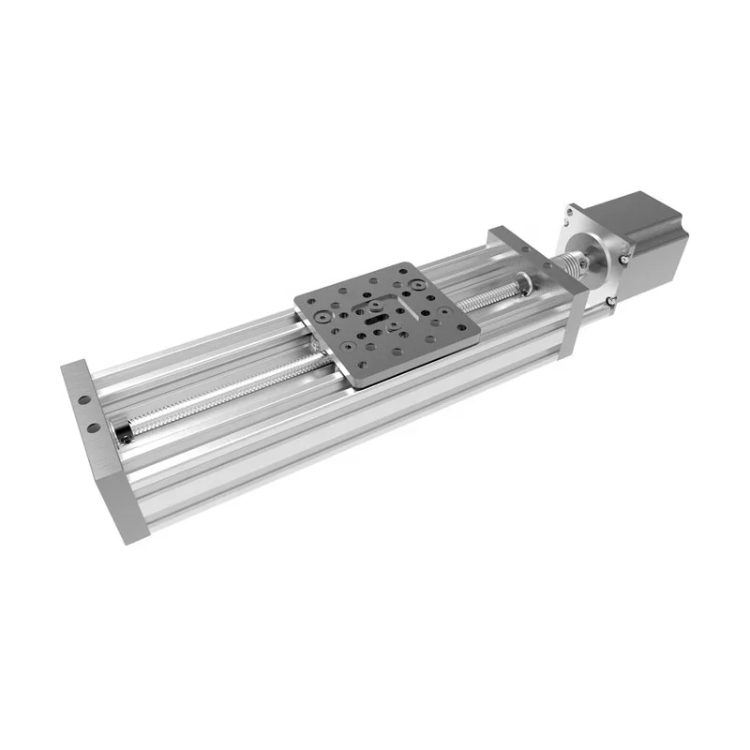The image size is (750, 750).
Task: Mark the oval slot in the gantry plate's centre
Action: pyautogui.click(x=375, y=319)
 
